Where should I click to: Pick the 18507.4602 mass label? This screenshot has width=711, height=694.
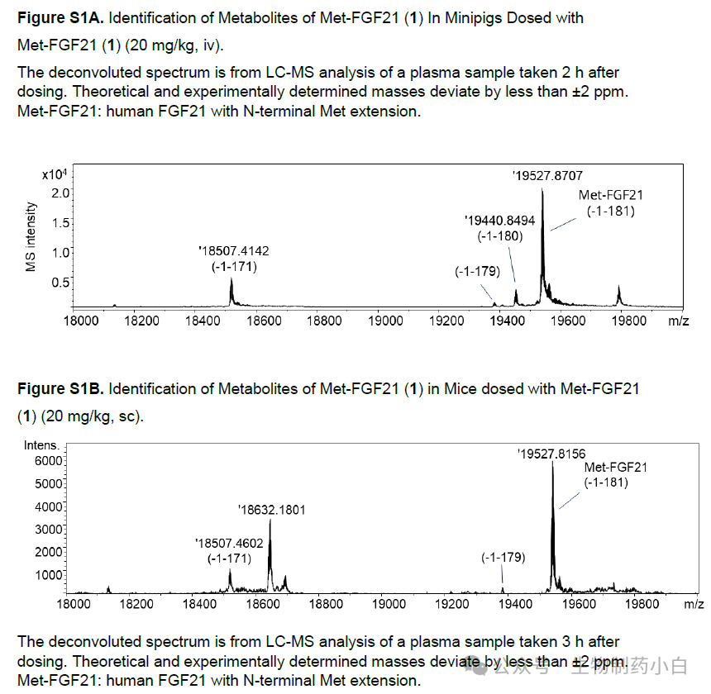tap(229, 543)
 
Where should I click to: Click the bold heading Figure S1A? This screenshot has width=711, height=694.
tap(60, 18)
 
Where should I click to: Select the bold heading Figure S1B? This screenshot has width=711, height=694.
tap(60, 388)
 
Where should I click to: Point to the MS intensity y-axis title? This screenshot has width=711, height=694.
tap(31, 237)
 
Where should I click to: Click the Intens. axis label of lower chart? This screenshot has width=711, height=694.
tap(41, 445)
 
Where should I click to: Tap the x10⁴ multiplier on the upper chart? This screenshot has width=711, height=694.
tap(55, 175)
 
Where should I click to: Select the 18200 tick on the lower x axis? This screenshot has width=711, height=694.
tap(137, 604)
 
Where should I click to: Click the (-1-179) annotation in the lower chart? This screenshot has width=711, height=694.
tap(503, 558)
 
